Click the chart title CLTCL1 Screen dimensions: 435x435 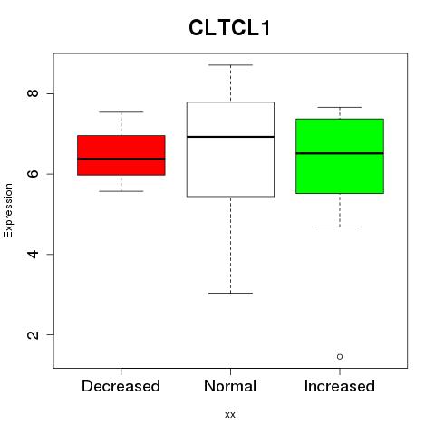click(229, 28)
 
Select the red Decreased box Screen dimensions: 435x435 click(121, 155)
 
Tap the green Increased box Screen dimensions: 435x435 click(340, 156)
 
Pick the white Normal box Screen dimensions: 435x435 click(230, 150)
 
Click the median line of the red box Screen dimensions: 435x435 click(121, 159)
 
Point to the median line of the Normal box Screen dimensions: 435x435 click(230, 137)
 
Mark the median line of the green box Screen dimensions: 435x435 click(340, 153)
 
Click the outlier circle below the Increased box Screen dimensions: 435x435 click(340, 357)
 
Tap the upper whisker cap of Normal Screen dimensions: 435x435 click(230, 65)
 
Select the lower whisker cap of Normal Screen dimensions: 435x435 click(230, 293)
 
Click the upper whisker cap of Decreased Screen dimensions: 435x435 click(121, 112)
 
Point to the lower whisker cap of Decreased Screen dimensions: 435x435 click(121, 191)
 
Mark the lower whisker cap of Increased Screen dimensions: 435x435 click(340, 227)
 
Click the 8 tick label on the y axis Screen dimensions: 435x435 click(34, 93)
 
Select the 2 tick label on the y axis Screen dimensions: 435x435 click(34, 334)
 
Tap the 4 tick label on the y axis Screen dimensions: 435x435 click(34, 254)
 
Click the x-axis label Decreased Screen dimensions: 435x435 click(121, 386)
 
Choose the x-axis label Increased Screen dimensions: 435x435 click(340, 386)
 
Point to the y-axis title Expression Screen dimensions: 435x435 click(8, 210)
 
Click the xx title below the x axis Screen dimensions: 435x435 click(230, 415)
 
